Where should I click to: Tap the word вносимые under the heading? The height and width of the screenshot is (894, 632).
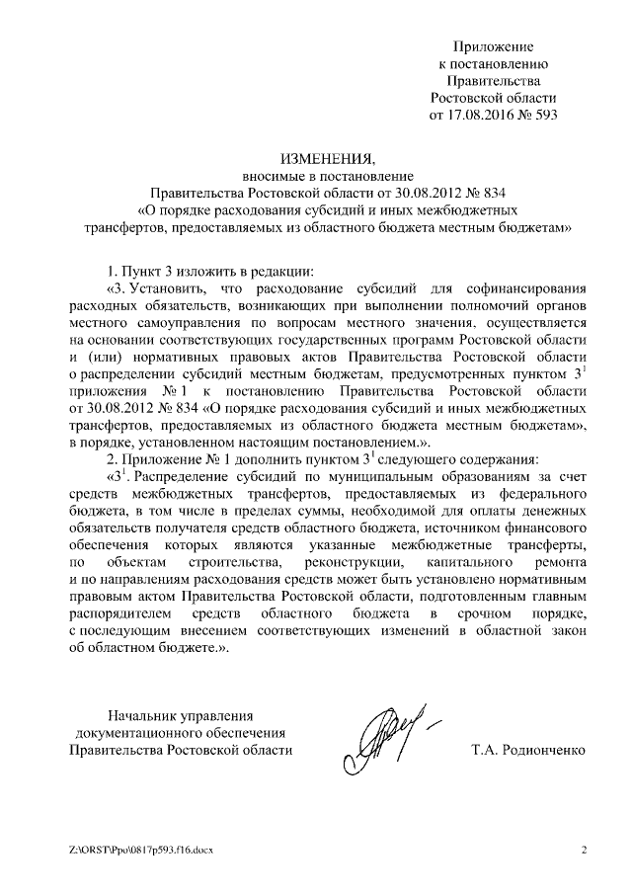point(266,174)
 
